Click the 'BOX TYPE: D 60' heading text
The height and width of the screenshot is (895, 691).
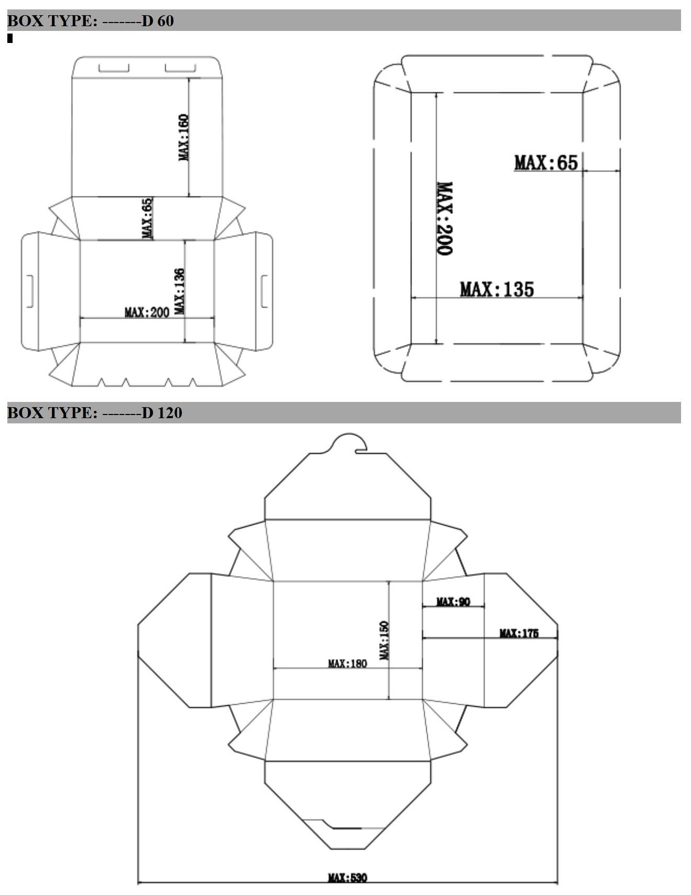[x=90, y=21]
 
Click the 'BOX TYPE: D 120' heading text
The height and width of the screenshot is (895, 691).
[x=94, y=413]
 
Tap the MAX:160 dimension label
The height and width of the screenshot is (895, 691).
[x=183, y=137]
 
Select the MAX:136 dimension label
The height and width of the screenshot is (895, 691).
[x=179, y=291]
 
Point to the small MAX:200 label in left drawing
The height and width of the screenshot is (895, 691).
[x=147, y=312]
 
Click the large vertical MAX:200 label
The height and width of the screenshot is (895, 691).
[x=445, y=219]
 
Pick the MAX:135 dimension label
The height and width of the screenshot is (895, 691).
[x=496, y=289]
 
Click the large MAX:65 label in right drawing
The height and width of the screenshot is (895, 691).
[x=546, y=162]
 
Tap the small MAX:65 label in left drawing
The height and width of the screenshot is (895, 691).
[x=148, y=218]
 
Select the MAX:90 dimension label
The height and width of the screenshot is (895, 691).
[x=453, y=602]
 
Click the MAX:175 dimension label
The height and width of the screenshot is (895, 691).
[x=519, y=634]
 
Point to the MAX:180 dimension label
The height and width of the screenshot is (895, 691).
[x=347, y=663]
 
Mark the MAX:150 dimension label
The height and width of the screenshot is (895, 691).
[x=384, y=640]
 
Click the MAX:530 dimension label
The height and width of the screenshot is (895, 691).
[x=347, y=877]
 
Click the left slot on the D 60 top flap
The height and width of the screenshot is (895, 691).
[x=114, y=68]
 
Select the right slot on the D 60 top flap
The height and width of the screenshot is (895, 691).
[x=180, y=68]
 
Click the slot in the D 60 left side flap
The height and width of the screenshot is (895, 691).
[x=30, y=291]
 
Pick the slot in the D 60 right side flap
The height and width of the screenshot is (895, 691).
[x=264, y=291]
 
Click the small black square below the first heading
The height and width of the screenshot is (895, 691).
[x=10, y=38]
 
